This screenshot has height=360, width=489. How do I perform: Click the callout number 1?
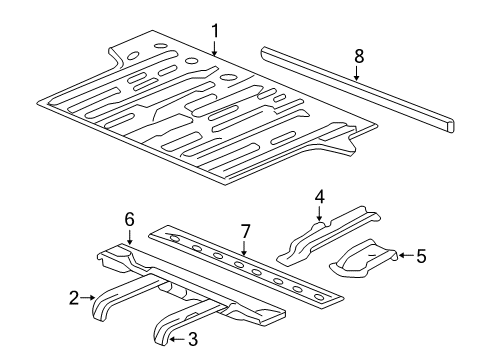point(215,31)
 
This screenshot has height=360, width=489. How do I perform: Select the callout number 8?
point(359,56)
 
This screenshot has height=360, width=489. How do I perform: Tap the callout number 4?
point(319,197)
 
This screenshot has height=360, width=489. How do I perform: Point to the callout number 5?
point(421,256)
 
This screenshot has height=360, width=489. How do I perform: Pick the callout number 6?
point(130,220)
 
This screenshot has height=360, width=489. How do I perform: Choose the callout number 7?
point(245,232)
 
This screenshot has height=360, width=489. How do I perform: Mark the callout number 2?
point(74,298)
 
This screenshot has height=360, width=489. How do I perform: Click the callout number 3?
point(193,339)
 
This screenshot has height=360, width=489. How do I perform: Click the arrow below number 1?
point(215,47)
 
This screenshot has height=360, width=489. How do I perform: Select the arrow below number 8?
point(357,73)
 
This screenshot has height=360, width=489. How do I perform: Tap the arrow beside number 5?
point(406,256)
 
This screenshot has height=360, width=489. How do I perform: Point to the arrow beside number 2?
point(88,297)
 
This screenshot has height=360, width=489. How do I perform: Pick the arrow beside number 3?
point(177,339)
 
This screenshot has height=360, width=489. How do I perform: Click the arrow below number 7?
point(244,248)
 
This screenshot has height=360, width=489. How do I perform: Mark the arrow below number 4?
point(319,213)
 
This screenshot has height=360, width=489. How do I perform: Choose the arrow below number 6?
point(129,237)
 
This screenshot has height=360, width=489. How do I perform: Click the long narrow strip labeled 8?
point(357,89)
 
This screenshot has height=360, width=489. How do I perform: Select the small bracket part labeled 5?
point(363,257)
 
